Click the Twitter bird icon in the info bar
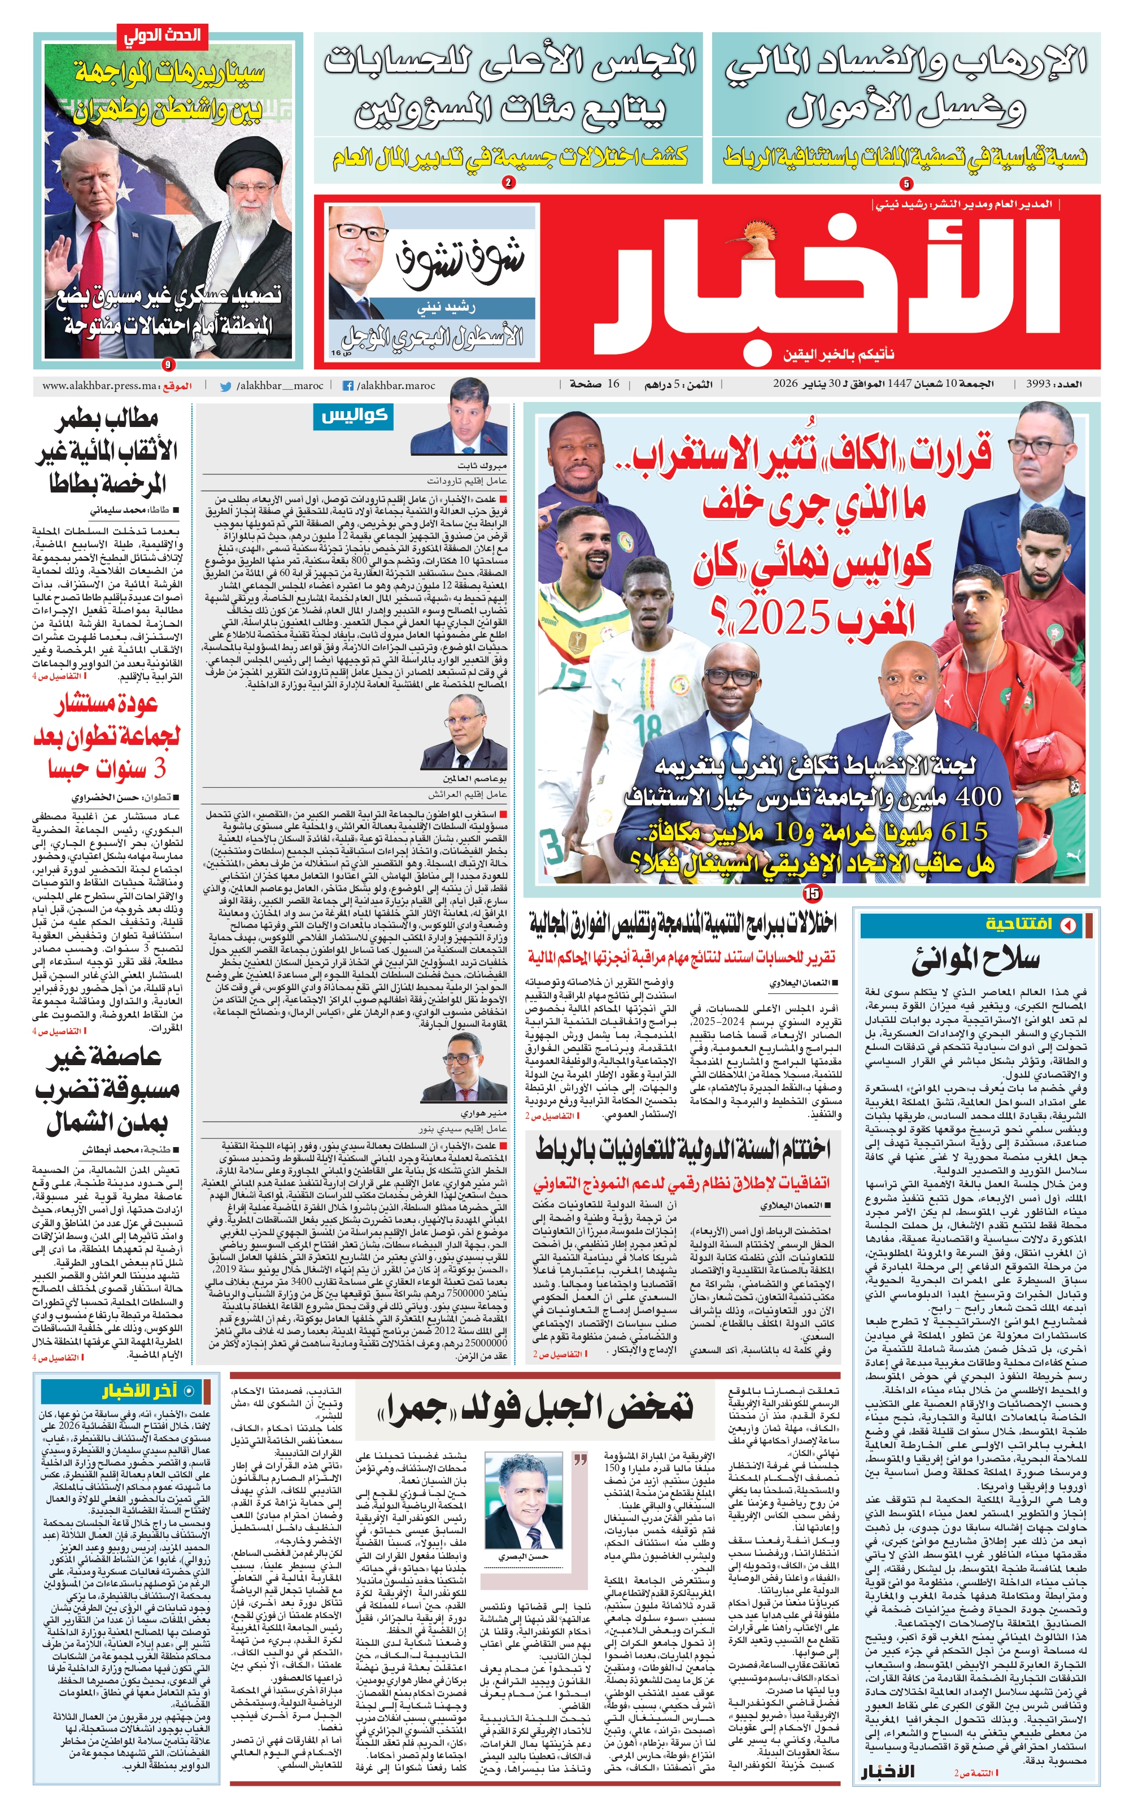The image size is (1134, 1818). pyautogui.click(x=225, y=386)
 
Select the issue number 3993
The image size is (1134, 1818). pyautogui.click(x=1037, y=384)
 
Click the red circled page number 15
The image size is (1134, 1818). pyautogui.click(x=811, y=892)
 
